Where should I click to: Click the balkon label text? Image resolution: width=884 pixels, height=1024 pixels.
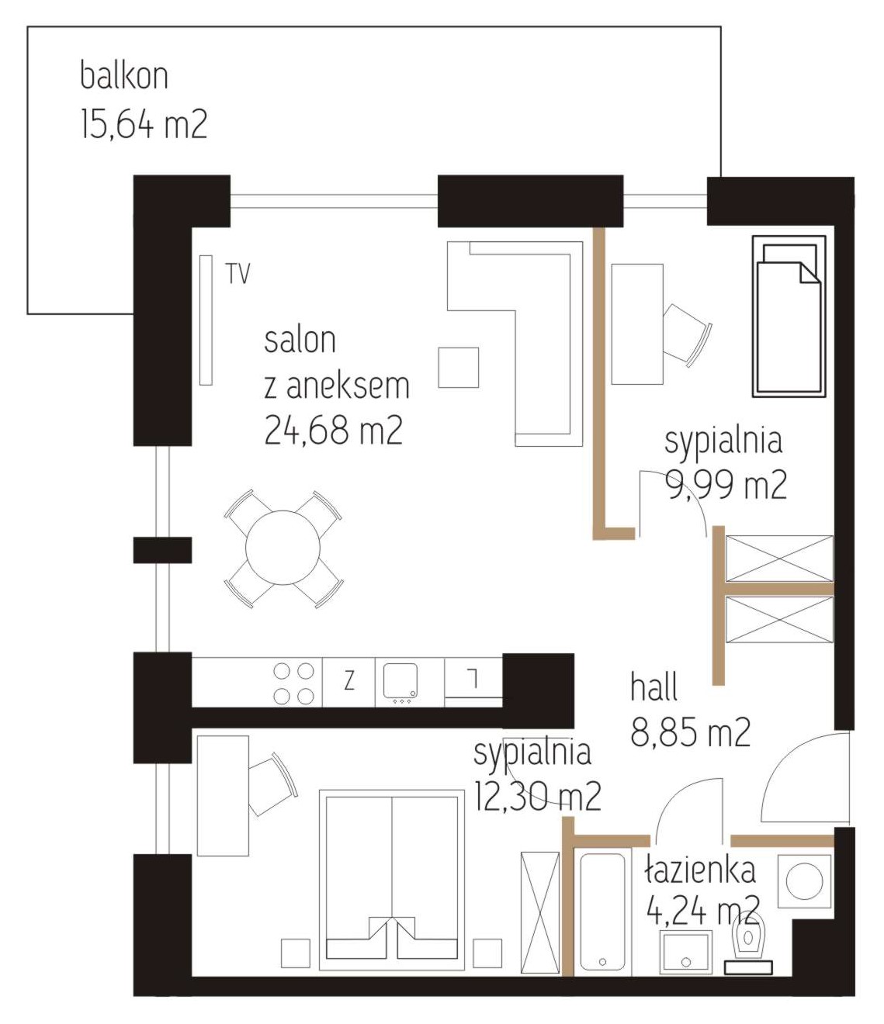(x=124, y=76)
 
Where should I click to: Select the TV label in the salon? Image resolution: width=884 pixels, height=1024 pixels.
(x=238, y=274)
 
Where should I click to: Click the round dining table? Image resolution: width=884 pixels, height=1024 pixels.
(x=283, y=548)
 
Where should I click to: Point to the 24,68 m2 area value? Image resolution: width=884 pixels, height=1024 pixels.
(x=333, y=431)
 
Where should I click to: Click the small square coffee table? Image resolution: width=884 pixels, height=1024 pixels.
(x=459, y=367)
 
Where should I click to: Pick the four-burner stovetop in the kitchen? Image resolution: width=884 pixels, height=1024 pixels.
(x=294, y=683)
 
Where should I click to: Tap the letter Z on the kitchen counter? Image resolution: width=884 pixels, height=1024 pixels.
(x=349, y=680)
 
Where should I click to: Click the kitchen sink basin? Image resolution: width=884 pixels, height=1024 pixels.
(x=400, y=681)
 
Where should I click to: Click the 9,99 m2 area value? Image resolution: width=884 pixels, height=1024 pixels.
(x=726, y=485)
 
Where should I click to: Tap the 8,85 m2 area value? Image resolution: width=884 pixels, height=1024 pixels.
(x=691, y=732)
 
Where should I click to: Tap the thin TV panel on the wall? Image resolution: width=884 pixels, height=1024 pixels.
(x=206, y=320)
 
